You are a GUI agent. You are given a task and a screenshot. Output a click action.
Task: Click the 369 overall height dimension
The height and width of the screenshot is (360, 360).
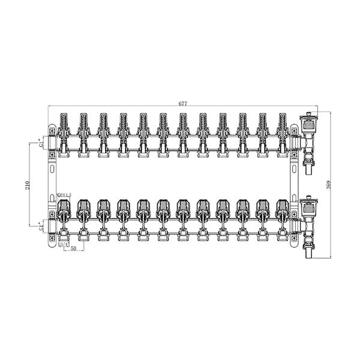pyautogui.click(x=327, y=185)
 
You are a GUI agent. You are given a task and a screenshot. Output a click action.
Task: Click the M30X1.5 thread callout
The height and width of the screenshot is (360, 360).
pyautogui.click(x=63, y=195)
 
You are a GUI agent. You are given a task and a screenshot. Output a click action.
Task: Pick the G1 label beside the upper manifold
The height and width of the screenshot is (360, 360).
pyautogui.click(x=41, y=145)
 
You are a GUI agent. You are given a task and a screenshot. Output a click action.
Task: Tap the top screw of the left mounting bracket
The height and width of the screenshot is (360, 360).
pyautogui.click(x=52, y=129)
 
